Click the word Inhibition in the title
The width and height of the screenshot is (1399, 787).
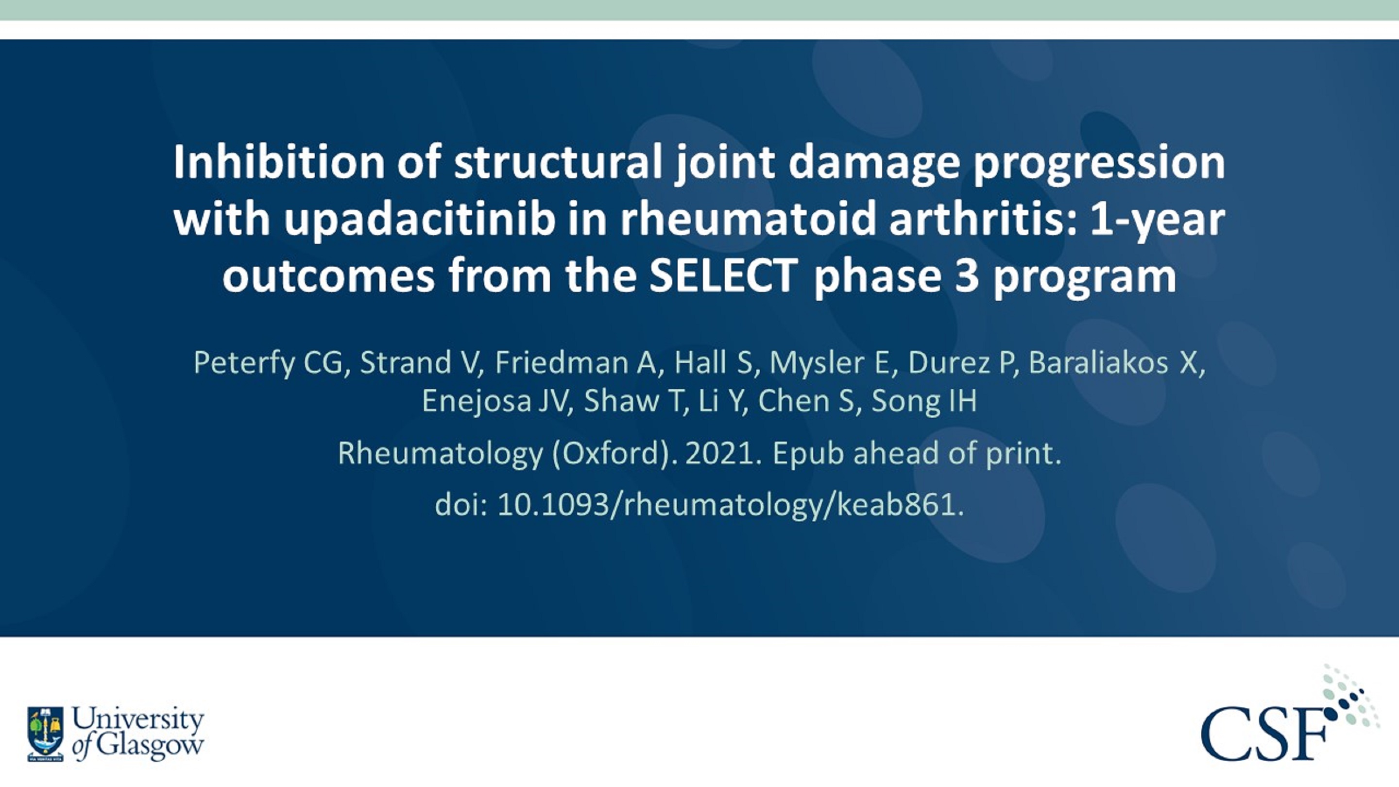point(278,162)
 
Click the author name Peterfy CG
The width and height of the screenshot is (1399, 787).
point(268,362)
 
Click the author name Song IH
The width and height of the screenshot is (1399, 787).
point(924,401)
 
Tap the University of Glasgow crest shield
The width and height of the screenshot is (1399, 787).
point(46,733)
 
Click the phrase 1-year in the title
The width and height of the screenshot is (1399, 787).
point(1157,220)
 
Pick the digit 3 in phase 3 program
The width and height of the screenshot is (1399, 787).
point(966,275)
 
